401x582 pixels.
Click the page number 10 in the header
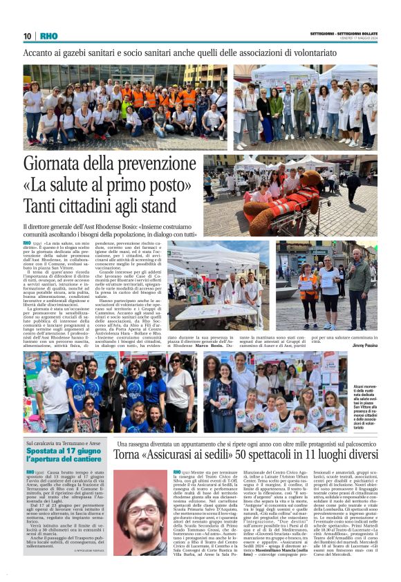point(28,35)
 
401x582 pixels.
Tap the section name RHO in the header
point(49,35)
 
